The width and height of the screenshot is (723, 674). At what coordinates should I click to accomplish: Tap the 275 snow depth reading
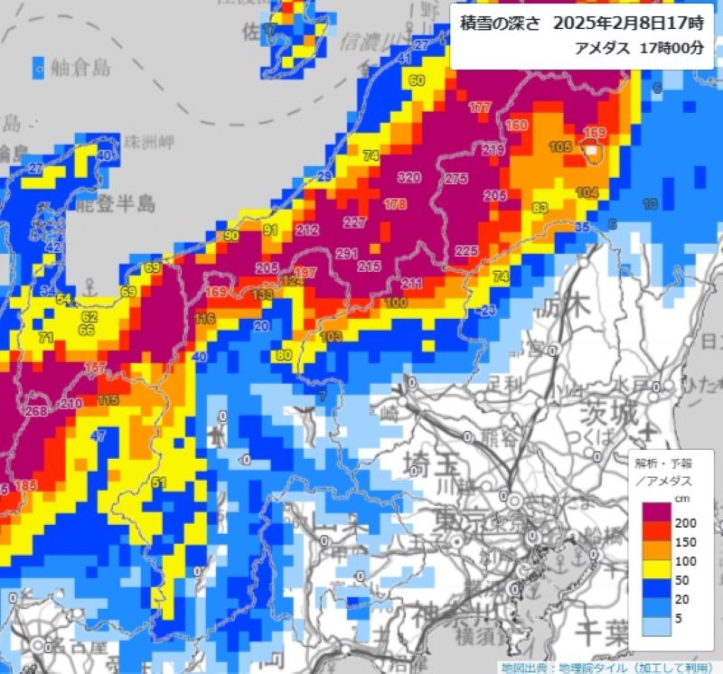coord(456,179)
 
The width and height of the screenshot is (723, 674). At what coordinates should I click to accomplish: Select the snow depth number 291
coord(347,254)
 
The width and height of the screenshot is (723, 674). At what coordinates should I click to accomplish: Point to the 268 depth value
coord(36,412)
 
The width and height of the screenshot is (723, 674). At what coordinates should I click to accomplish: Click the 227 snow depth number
coord(354,222)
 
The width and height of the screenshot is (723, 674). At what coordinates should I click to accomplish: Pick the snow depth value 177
coord(480,108)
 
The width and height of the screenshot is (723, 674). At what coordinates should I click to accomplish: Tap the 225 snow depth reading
coord(466,250)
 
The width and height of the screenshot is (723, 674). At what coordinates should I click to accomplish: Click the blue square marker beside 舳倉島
coord(39,66)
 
